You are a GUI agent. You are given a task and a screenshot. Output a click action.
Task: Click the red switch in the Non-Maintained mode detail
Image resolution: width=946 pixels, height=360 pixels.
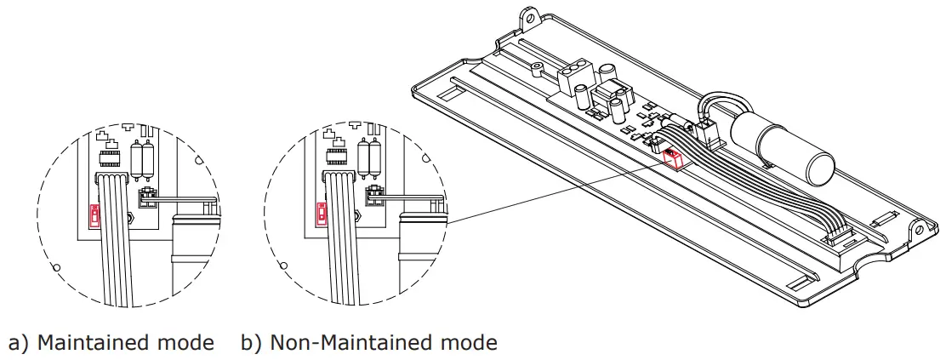[x=322, y=212]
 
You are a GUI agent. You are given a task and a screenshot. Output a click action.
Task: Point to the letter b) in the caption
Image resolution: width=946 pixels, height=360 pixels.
[x=251, y=343]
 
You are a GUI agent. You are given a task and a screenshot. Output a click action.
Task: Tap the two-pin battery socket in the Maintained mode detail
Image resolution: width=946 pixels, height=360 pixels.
[x=146, y=198]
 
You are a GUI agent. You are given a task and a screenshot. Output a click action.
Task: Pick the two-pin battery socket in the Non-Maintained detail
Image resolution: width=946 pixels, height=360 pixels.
[x=374, y=197]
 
